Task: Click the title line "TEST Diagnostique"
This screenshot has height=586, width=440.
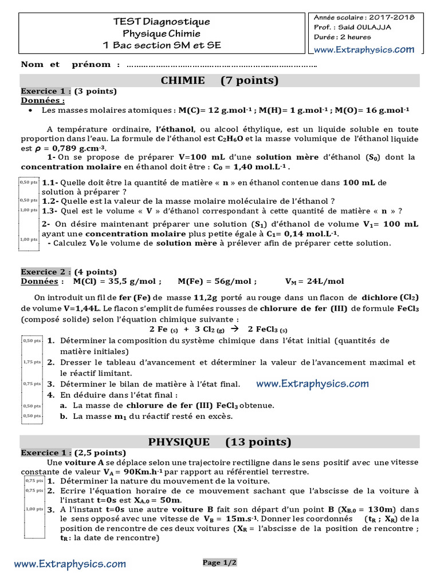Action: [x=162, y=22]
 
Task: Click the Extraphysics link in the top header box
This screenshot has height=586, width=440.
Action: [x=364, y=50]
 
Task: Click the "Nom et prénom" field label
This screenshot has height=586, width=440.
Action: [x=70, y=65]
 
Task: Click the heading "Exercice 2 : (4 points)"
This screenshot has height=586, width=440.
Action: [x=69, y=272]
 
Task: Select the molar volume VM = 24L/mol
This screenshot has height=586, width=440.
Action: [x=315, y=282]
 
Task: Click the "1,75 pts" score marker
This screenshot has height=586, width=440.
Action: [x=32, y=362]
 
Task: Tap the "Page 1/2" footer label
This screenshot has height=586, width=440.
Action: [x=219, y=563]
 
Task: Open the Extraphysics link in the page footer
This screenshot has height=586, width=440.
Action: [x=70, y=564]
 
